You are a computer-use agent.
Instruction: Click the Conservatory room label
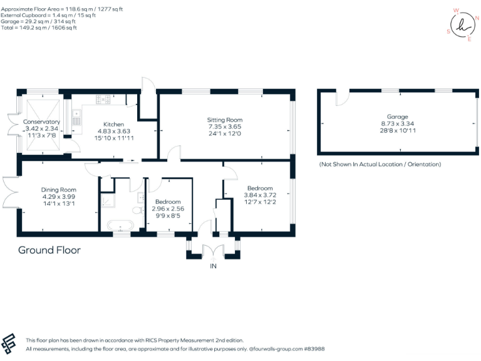pos(41,122)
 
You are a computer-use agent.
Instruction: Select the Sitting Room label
pos(225,120)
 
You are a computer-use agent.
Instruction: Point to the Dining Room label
pos(59,190)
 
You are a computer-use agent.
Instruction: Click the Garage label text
pos(397,117)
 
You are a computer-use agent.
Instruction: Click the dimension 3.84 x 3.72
pos(259,195)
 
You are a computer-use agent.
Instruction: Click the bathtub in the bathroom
pos(120,225)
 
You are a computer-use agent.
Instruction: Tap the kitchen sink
pos(76,117)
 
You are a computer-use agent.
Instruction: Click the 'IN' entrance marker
pos(213,266)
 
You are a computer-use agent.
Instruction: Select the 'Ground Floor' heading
pos(49,250)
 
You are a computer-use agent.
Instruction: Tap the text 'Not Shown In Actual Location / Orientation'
pos(380,164)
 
